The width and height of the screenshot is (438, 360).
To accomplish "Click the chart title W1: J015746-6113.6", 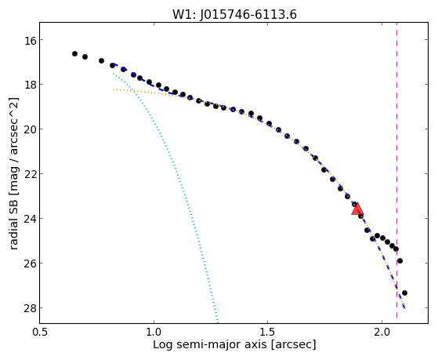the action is tap(234, 14).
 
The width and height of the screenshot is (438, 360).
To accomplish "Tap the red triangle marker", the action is tap(357, 209).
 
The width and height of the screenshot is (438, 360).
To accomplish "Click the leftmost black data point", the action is tap(74, 53).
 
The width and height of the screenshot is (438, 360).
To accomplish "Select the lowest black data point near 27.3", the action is tap(404, 293).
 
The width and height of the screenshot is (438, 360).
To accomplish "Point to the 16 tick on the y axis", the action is tap(31, 40).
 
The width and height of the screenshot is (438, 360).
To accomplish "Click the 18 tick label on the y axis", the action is tap(31, 85).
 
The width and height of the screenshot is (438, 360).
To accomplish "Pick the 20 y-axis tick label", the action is tap(31, 129).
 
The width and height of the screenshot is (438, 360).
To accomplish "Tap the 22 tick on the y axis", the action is tap(31, 173).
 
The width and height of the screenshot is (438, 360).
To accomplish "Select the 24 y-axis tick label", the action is tap(31, 218).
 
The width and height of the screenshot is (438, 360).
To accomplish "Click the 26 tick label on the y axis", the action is tap(31, 263).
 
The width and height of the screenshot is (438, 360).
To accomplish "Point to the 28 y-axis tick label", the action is tap(31, 307).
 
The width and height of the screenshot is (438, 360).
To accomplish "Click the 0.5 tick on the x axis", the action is tap(40, 332).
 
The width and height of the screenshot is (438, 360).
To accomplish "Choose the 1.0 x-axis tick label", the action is tap(154, 332).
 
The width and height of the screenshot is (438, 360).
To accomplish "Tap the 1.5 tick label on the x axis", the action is tap(268, 332).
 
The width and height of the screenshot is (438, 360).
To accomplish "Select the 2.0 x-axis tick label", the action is tap(382, 332).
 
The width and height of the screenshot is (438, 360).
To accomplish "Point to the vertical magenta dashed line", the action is tap(396, 173).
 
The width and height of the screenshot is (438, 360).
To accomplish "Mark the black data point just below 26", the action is tap(400, 260).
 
